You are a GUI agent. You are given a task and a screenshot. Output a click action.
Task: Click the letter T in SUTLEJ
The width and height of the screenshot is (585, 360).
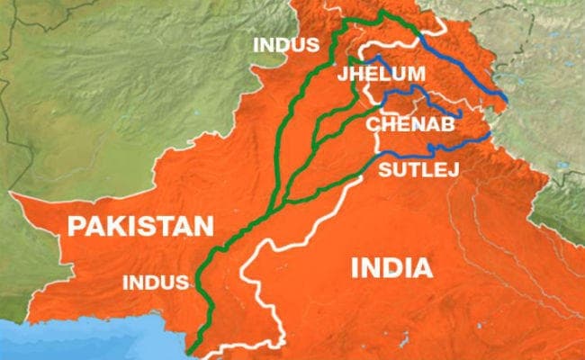click(411, 168)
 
